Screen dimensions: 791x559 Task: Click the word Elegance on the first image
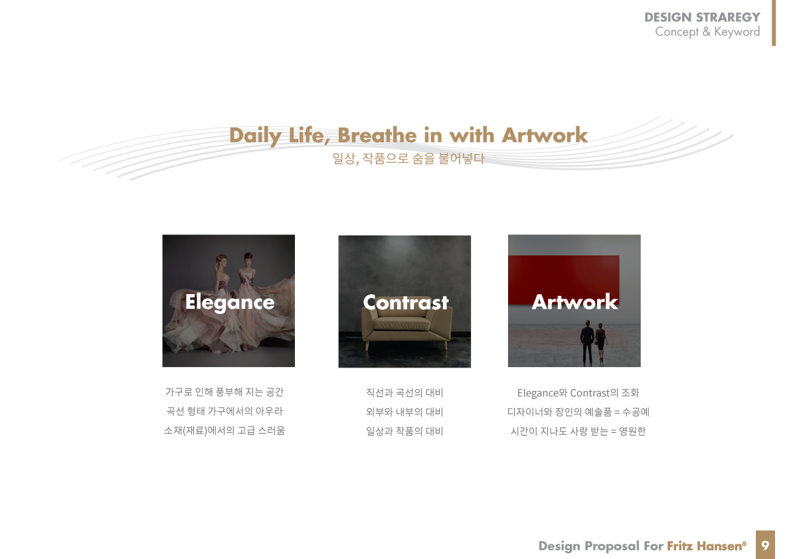[230, 303]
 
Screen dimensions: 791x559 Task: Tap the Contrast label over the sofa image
[406, 303]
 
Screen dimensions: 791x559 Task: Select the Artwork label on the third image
[574, 302]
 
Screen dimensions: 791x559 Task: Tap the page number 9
[765, 545]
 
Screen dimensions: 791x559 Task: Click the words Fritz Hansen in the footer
[706, 546]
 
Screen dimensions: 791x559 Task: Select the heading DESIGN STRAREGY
[702, 17]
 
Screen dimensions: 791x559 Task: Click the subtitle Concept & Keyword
[707, 32]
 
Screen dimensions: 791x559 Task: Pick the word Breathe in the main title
[377, 135]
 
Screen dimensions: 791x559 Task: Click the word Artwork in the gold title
[545, 135]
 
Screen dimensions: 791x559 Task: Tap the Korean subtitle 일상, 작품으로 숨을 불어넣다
[408, 158]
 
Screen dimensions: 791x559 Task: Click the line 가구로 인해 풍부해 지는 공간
[224, 392]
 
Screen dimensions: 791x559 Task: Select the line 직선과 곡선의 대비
[404, 392]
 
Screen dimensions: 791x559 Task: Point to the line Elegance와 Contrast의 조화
[578, 392]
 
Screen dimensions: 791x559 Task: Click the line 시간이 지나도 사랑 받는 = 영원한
[578, 431]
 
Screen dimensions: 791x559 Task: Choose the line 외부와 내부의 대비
[404, 412]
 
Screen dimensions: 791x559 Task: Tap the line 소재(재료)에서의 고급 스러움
[224, 430]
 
